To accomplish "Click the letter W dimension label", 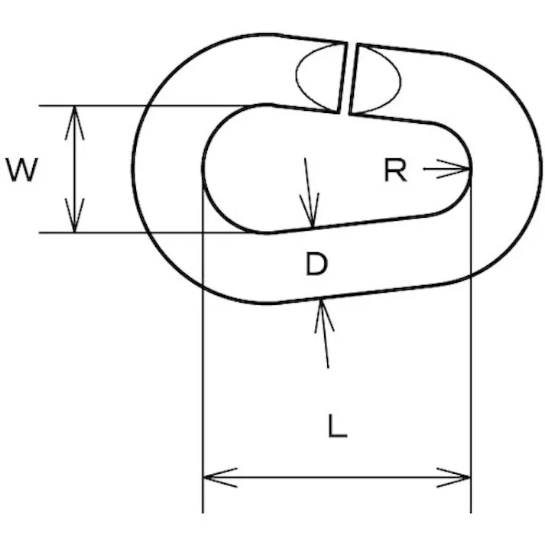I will (21, 170).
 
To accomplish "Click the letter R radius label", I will (394, 170).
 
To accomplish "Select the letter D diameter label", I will (316, 264).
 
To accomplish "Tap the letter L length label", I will (337, 427).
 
